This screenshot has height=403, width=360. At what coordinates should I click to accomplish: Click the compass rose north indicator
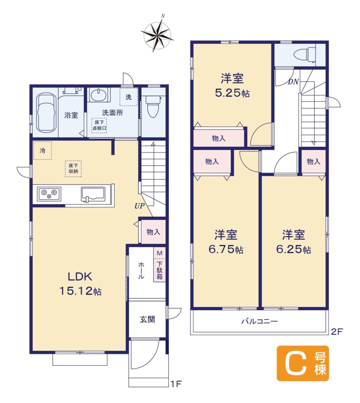[162, 16]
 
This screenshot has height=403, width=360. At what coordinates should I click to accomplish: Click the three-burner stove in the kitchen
[49, 194]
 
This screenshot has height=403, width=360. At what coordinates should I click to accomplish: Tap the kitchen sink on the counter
[93, 194]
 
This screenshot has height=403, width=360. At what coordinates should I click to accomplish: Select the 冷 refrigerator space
[42, 150]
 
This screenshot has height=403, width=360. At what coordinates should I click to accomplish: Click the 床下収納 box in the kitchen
[73, 168]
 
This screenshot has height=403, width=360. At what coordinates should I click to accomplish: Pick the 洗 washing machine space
[129, 97]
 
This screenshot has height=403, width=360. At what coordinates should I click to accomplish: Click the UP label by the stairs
[140, 206]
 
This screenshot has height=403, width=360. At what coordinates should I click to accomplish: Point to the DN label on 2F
[293, 82]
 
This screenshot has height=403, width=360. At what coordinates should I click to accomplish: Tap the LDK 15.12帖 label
[80, 284]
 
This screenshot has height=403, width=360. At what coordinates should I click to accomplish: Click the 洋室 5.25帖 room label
[232, 85]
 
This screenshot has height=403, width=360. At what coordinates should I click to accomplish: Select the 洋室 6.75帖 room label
[225, 242]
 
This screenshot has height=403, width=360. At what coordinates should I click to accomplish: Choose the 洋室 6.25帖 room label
[294, 242]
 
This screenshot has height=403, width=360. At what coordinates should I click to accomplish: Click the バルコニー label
[260, 321]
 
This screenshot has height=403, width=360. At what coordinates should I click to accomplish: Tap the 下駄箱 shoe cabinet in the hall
[160, 265]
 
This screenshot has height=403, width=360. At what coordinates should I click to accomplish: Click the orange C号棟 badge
[303, 363]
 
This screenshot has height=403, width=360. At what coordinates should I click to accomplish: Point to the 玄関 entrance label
[147, 320]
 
